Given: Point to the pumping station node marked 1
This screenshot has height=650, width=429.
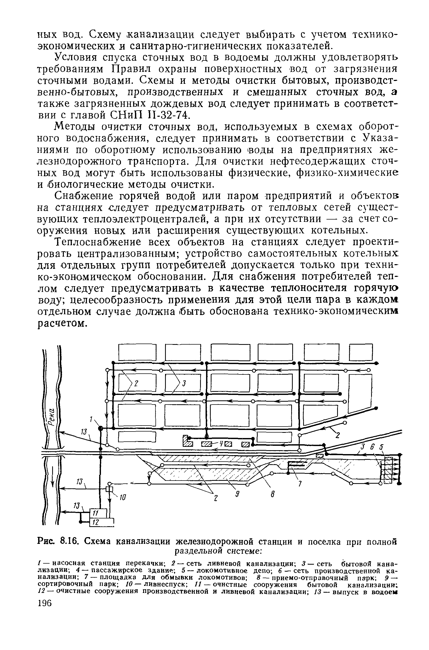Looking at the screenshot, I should pos(101,428).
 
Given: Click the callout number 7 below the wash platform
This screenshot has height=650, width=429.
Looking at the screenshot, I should pos(300,484).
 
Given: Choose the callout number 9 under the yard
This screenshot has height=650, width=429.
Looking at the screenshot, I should pos(238,494).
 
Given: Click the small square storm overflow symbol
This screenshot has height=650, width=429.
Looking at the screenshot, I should pos(110,489).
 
